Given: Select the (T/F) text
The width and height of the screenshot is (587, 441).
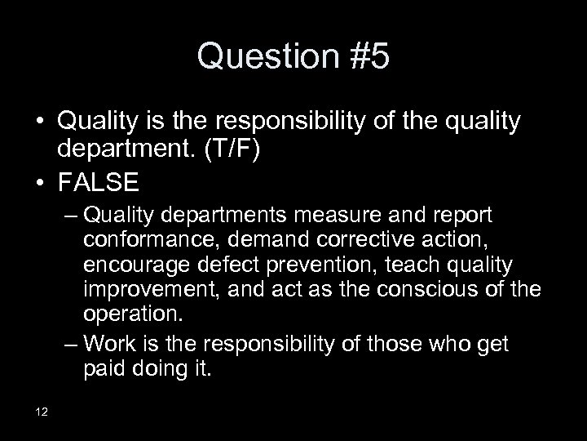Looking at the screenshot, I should click(x=231, y=150).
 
